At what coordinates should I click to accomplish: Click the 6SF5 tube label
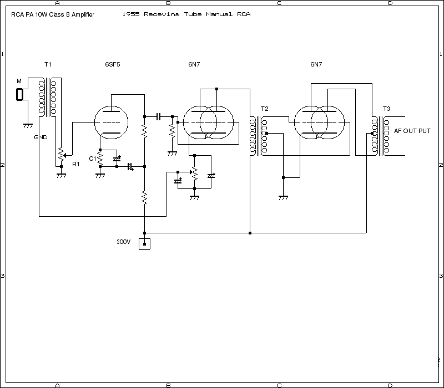point(113,64)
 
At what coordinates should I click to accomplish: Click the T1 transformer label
point(48,64)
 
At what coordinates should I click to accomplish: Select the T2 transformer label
point(264,108)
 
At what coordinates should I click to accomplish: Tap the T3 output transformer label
point(386,108)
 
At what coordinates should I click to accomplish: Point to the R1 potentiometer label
point(76,164)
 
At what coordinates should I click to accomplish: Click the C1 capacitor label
point(92,159)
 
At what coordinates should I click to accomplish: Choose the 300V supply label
point(123,242)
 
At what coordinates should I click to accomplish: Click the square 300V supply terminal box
point(144,244)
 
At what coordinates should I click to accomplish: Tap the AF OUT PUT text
point(412,131)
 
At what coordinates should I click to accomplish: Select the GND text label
point(41,137)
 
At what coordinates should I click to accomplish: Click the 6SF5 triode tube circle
point(111,122)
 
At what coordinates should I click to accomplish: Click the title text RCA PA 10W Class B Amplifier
point(52,14)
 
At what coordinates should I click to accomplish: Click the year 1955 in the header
point(131,14)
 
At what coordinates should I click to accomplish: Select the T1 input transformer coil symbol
point(48,96)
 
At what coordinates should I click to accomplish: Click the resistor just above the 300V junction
point(144,198)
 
